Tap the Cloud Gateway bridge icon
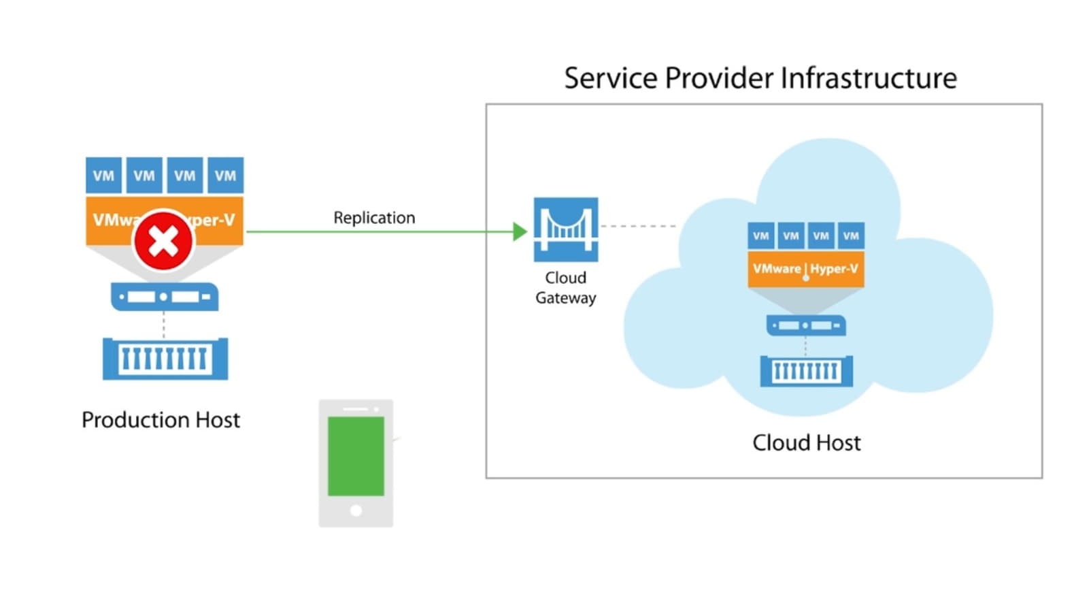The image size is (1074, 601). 565,229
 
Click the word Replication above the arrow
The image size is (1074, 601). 374,218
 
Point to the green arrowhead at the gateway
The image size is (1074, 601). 520,231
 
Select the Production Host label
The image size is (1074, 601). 161,420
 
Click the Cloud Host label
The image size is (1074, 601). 806,443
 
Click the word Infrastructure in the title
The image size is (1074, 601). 869,78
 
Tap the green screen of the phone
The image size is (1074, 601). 356,456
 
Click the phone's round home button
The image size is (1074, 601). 356,510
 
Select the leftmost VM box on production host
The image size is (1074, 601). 103,176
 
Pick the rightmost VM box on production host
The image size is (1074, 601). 225,176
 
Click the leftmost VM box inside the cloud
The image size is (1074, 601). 760,235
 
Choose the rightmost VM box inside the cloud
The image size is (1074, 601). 851,235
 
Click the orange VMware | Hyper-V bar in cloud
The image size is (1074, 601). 805,269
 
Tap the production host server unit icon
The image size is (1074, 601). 164,297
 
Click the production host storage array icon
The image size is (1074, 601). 165,358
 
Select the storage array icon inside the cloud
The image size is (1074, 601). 806,371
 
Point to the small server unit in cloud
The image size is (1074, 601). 806,325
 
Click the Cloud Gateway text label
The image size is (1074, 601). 565,288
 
